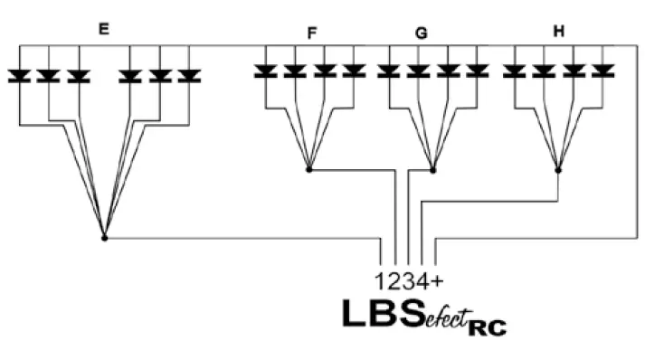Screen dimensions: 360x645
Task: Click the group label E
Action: point(104,29)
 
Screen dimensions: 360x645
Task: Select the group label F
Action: point(312,33)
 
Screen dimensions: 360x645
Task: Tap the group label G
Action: point(421,33)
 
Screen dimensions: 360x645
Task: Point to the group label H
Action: point(559,33)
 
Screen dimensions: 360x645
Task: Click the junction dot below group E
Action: point(104,238)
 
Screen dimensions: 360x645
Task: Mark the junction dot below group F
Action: point(308,169)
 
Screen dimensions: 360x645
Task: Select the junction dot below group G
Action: point(433,169)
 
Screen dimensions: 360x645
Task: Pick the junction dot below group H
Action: point(558,169)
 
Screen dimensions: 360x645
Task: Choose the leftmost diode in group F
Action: point(265,71)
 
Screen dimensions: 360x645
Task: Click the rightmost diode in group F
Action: point(354,71)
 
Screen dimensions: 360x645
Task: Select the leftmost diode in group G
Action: point(389,71)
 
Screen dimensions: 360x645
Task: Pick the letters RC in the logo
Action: point(486,324)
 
